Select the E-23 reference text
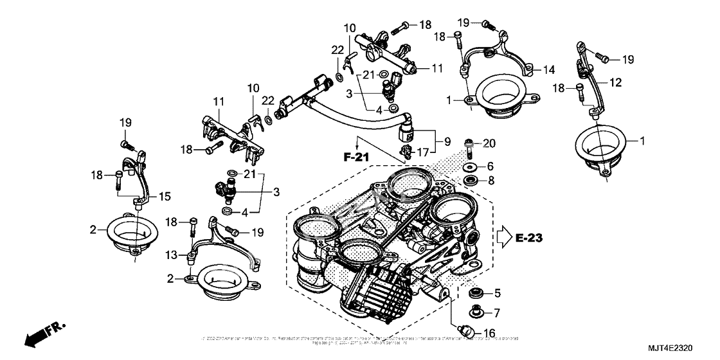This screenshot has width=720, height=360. (529, 239)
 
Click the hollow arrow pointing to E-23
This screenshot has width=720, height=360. (503, 239)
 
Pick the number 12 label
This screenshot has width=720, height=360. (616, 82)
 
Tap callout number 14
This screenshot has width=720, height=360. (548, 69)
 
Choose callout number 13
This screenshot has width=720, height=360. (168, 255)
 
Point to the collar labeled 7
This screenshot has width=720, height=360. (476, 313)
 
